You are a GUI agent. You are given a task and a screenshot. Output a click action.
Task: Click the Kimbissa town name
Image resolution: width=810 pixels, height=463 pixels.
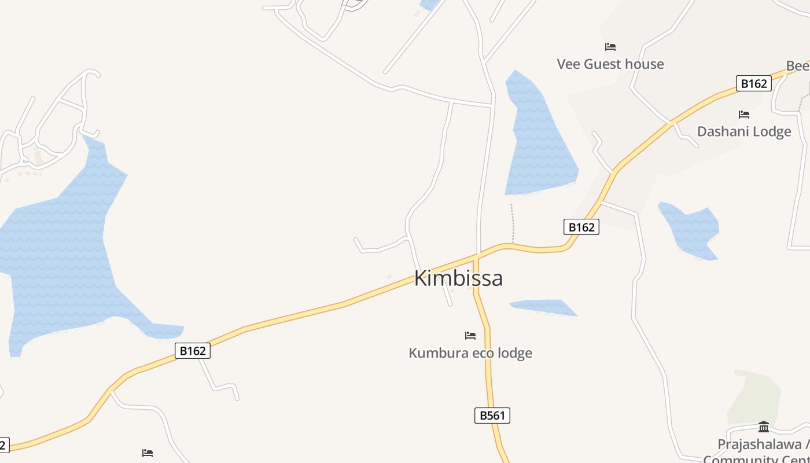458,278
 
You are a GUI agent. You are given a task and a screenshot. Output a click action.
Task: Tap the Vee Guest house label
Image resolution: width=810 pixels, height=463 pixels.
610,64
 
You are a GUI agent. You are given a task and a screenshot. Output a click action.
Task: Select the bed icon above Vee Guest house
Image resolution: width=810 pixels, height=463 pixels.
610,47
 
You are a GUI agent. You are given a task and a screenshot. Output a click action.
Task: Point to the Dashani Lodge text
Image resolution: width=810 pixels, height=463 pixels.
744,131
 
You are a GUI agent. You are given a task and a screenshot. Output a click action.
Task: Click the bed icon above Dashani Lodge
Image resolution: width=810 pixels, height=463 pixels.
744,115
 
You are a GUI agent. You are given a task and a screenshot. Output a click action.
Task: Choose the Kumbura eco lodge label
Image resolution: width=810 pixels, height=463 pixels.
470,353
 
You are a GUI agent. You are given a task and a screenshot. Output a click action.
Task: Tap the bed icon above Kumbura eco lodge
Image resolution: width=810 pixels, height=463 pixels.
470,336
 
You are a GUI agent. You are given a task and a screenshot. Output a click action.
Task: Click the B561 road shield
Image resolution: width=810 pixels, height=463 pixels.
492,415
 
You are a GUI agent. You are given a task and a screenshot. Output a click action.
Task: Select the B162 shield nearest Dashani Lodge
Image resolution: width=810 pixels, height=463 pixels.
754,83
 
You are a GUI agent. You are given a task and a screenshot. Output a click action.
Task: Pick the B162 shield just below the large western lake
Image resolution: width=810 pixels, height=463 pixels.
193,350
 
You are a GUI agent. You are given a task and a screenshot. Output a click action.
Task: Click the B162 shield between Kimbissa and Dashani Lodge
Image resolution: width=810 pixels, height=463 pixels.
581,227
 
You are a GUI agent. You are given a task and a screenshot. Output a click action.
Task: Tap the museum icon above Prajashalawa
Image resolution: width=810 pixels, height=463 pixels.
764,427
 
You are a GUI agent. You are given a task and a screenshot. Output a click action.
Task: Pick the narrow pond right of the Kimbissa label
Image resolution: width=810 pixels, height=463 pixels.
544,307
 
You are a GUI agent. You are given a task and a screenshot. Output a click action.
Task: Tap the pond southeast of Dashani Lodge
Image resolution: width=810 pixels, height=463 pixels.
691,229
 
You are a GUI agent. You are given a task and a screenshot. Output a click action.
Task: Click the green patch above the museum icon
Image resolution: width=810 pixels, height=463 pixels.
755,396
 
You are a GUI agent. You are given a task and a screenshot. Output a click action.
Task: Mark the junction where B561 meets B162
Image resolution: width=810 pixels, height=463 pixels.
476,256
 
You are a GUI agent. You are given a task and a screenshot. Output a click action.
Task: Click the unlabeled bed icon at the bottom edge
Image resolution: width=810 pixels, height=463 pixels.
148,453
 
